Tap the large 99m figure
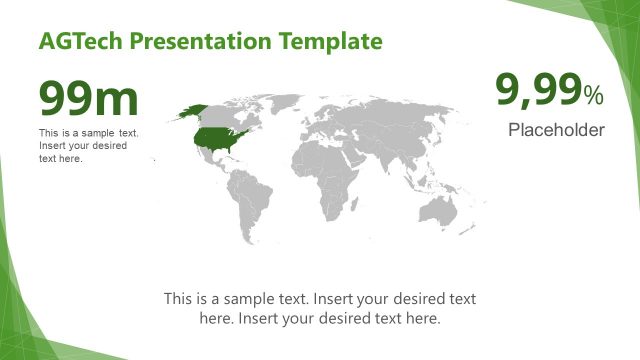88,99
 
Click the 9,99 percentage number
539,92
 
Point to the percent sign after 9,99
594,96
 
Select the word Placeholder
556,130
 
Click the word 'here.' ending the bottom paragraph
420,318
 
